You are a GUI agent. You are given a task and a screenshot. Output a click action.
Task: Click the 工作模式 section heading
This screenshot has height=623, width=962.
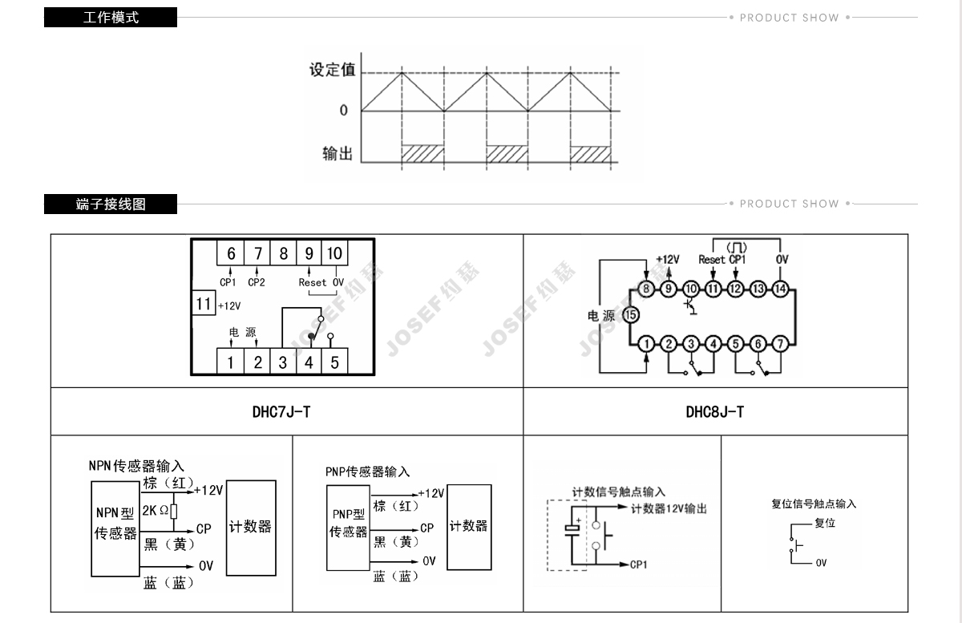(x=111, y=17)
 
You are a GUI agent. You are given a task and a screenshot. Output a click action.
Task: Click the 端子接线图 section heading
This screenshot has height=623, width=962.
(x=111, y=204)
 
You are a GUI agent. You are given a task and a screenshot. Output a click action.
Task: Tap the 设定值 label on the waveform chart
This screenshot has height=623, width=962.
(x=332, y=70)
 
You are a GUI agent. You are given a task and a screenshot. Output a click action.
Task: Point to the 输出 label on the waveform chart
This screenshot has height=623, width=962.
(x=338, y=153)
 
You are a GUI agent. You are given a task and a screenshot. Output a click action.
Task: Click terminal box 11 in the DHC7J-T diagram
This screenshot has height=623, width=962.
(x=204, y=304)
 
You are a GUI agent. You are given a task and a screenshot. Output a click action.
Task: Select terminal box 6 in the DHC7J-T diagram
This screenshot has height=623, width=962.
(x=231, y=253)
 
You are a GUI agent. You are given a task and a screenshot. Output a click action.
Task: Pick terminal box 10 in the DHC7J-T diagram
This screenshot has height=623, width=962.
(x=334, y=253)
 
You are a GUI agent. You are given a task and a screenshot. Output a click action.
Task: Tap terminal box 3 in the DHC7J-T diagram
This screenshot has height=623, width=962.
(x=283, y=362)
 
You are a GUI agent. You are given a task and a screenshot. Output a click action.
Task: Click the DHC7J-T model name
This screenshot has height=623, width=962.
(x=281, y=412)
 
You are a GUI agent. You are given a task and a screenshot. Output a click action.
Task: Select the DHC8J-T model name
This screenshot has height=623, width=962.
(x=714, y=412)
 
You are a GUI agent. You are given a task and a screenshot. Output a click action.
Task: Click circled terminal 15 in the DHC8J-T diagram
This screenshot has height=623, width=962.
(x=631, y=315)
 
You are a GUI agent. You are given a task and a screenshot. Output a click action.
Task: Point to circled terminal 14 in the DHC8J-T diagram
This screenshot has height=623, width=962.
(x=780, y=289)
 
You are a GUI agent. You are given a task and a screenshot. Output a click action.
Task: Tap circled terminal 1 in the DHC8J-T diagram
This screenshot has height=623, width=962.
(x=647, y=344)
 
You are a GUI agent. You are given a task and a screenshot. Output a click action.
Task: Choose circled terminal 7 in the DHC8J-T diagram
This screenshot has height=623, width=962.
(x=780, y=344)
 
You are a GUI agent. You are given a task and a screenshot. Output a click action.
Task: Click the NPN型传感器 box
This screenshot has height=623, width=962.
(x=115, y=523)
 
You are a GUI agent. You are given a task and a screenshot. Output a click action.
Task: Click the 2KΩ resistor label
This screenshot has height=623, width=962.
(x=156, y=510)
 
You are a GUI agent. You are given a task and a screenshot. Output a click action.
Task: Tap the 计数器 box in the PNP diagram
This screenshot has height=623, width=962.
(x=469, y=526)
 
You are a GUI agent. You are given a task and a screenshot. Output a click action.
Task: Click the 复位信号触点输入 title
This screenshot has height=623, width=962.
(x=814, y=504)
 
